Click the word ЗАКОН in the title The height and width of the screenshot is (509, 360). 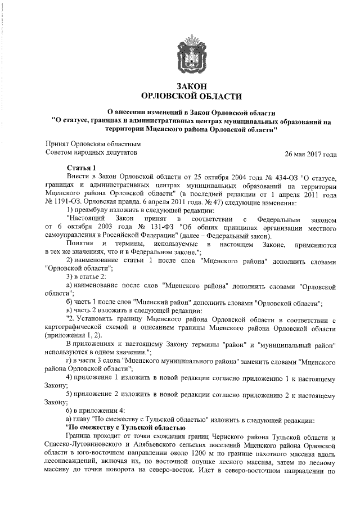(x=188, y=85)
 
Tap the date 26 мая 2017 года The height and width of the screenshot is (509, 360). (x=311, y=154)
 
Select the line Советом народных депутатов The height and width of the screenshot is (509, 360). (x=90, y=152)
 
